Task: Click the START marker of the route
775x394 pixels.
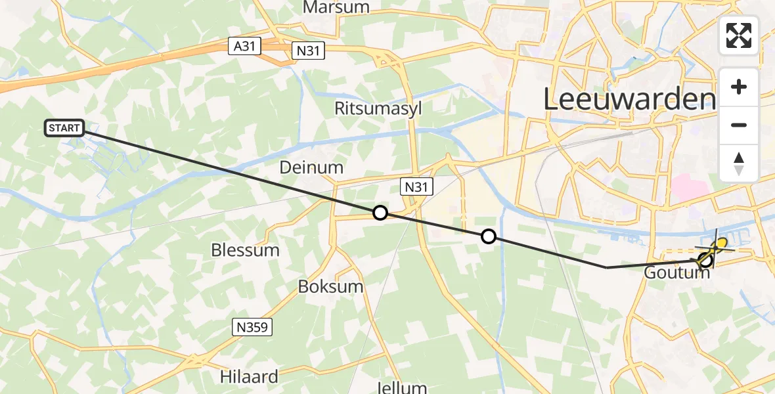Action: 64,128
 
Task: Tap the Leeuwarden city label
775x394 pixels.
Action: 629,99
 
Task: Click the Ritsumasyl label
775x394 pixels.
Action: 378,108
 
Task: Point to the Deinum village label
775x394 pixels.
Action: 311,167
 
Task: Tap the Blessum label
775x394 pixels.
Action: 245,250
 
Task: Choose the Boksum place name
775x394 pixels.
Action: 331,287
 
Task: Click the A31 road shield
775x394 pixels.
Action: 245,46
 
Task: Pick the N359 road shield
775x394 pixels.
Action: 252,327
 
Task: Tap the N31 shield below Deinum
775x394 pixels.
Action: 416,187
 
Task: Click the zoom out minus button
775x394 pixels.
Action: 739,125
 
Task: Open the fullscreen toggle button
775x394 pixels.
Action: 739,35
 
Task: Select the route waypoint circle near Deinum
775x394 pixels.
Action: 380,212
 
